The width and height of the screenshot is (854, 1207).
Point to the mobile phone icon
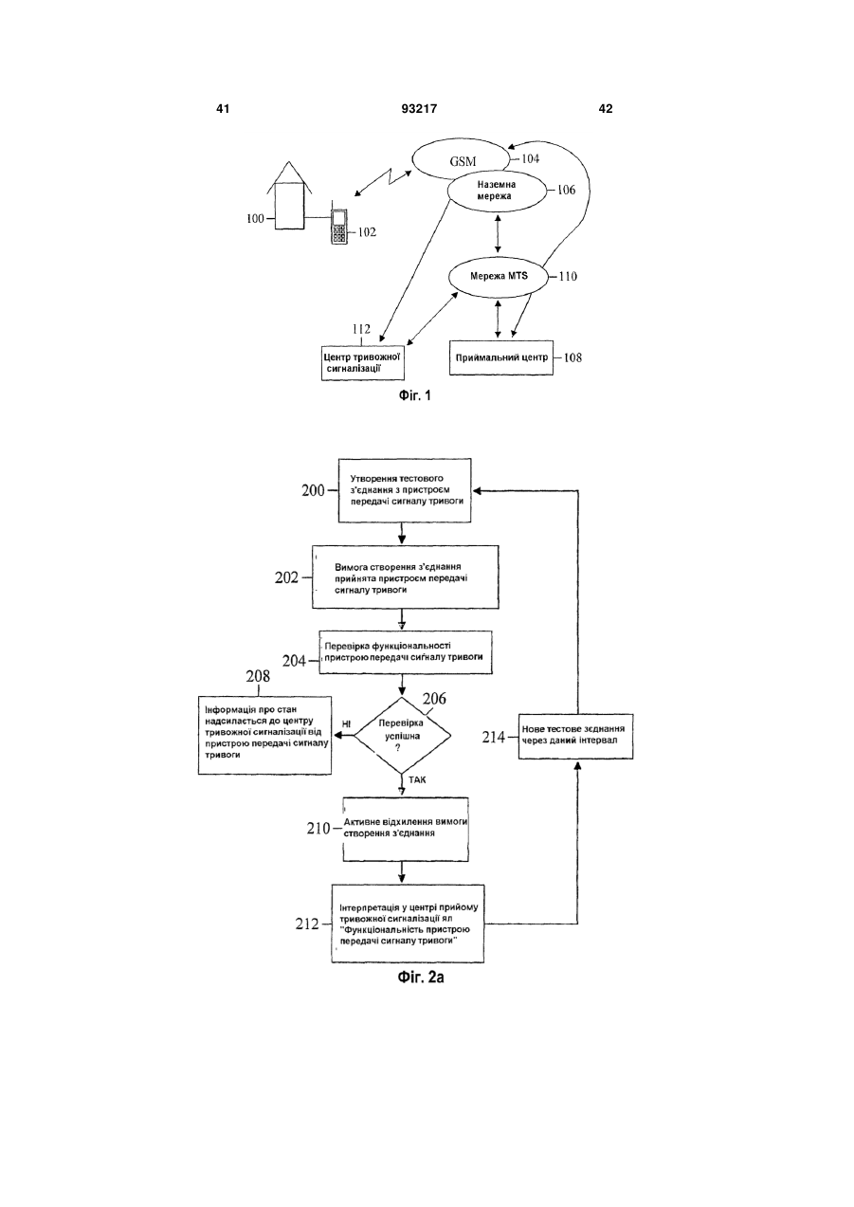click(338, 227)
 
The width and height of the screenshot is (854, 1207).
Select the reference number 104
click(530, 158)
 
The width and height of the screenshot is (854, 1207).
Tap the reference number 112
click(361, 328)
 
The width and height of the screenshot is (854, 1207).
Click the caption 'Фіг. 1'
click(415, 396)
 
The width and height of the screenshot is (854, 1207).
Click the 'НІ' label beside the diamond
click(346, 724)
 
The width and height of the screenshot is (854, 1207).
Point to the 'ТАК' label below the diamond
click(417, 779)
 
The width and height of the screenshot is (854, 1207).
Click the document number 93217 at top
click(419, 109)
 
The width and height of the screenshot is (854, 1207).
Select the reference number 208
click(258, 676)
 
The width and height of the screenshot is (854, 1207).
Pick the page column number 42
click(605, 109)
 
